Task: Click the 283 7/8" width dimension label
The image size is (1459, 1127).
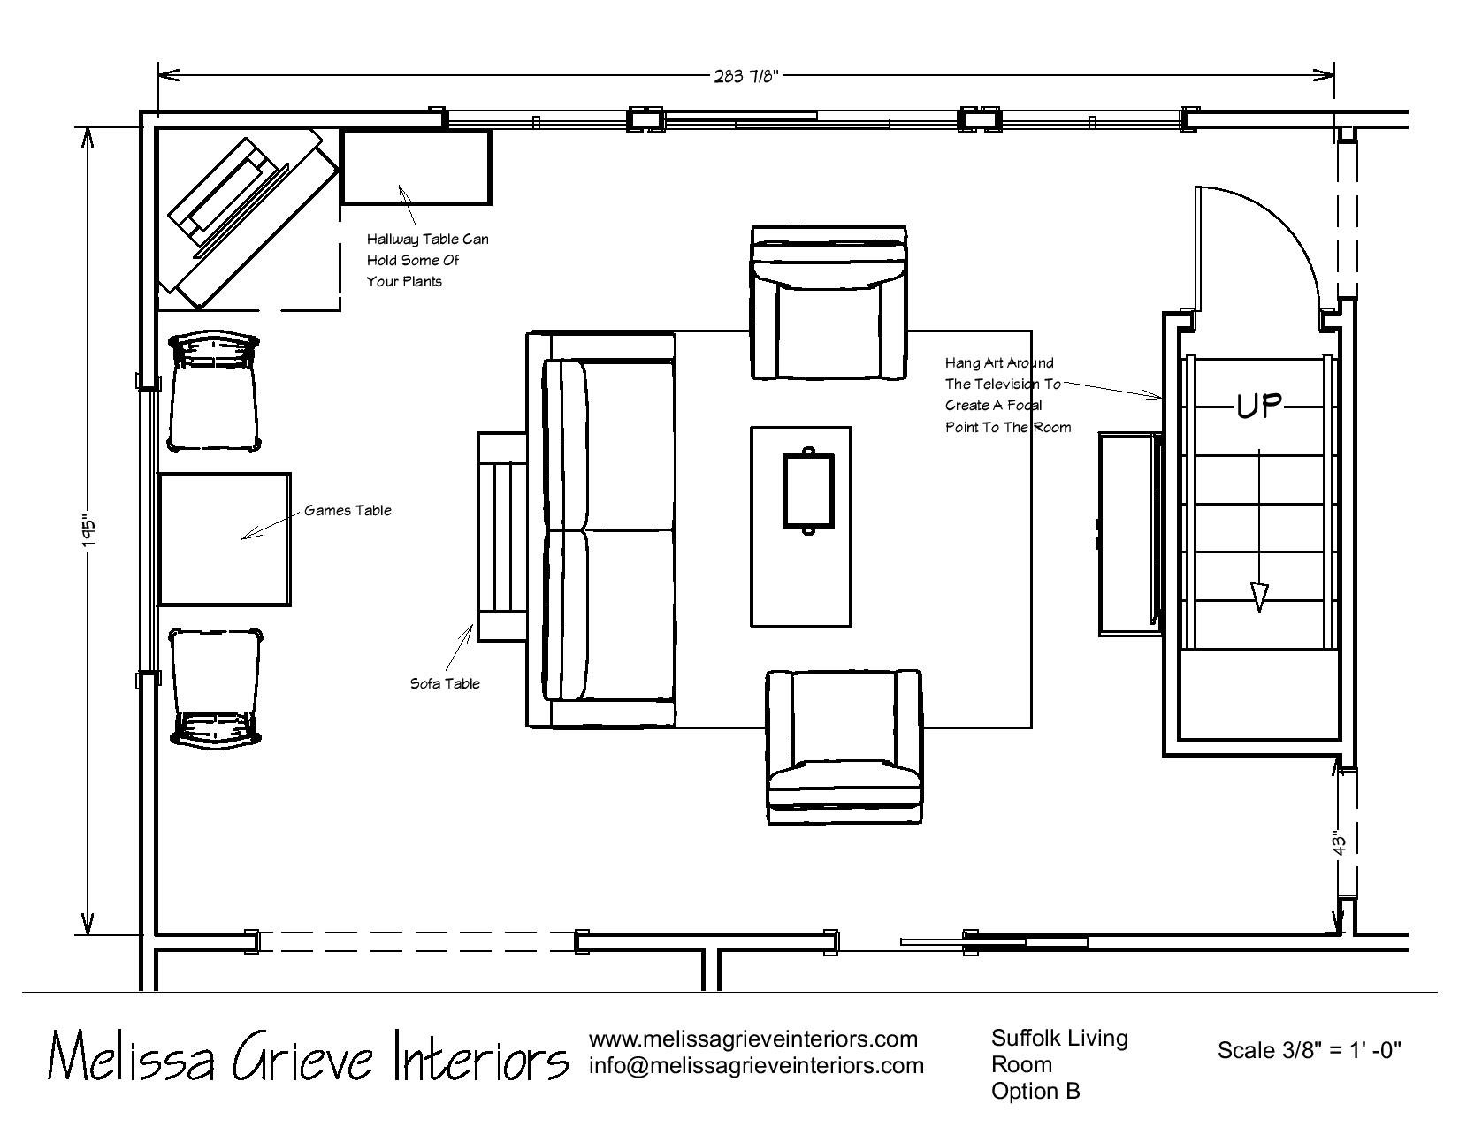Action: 745,76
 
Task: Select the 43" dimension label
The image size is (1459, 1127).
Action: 1339,844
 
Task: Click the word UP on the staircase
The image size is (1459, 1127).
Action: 1259,407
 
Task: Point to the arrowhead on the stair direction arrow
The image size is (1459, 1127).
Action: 1259,597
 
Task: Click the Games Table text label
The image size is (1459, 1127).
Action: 348,510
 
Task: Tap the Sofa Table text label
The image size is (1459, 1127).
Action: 445,683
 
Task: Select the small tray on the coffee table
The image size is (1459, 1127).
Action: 808,491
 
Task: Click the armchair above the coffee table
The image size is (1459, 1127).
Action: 829,302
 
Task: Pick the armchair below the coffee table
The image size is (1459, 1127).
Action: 844,746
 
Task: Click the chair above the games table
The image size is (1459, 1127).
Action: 214,391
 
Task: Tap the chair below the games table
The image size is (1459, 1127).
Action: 215,687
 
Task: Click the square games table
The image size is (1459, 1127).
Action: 225,540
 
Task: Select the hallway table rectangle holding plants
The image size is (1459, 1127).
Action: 416,167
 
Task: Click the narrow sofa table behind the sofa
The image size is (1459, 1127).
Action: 501,537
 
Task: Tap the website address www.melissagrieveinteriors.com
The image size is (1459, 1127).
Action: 752,1039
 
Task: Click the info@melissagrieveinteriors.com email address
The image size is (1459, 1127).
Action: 757,1065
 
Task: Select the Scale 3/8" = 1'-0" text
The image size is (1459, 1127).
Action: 1310,1050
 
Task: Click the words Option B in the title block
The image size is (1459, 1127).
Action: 1035,1092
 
